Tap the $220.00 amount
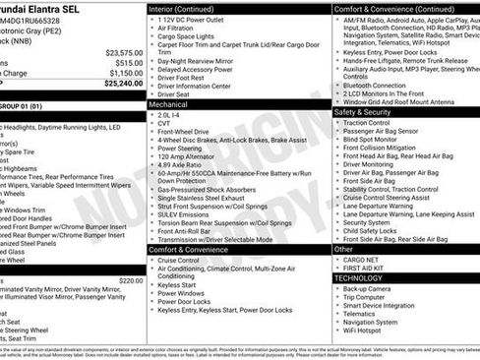click(131, 280)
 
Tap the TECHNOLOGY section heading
click(358, 278)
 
